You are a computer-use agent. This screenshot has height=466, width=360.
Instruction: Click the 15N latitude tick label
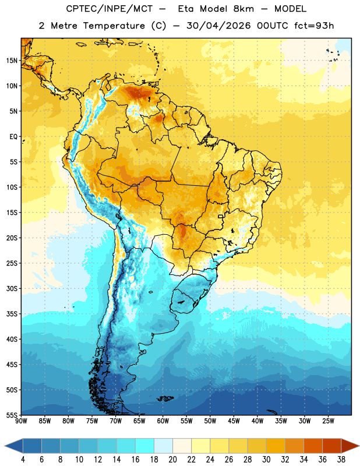click(12, 61)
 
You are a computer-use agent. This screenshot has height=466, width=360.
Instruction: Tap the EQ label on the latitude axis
click(13, 137)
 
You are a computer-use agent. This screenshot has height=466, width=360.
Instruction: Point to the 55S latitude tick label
click(12, 415)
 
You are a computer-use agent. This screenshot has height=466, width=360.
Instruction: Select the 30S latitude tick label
click(12, 288)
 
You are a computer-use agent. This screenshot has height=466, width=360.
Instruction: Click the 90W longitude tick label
click(21, 421)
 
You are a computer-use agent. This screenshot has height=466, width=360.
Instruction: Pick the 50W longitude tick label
click(210, 421)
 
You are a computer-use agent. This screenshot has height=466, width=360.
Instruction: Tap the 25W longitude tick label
click(328, 421)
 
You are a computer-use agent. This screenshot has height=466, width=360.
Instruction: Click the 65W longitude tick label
click(139, 421)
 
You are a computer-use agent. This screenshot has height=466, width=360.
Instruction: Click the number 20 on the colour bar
click(172, 460)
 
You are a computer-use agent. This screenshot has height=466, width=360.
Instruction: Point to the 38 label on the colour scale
click(341, 460)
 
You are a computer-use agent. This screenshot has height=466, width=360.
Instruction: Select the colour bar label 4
click(23, 460)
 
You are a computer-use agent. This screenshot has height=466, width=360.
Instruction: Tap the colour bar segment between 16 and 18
click(145, 446)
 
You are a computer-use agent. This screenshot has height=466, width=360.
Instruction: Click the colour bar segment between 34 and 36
click(313, 446)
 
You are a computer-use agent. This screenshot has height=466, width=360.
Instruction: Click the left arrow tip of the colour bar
click(5, 446)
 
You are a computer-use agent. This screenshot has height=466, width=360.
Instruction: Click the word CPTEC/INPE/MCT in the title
click(110, 9)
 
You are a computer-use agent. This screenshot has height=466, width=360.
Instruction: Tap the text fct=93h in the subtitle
click(314, 26)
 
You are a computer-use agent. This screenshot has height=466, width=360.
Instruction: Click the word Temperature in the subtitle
click(114, 26)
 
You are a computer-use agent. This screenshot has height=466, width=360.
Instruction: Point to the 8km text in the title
click(243, 9)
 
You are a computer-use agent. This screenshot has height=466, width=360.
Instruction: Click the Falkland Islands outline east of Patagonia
click(165, 398)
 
